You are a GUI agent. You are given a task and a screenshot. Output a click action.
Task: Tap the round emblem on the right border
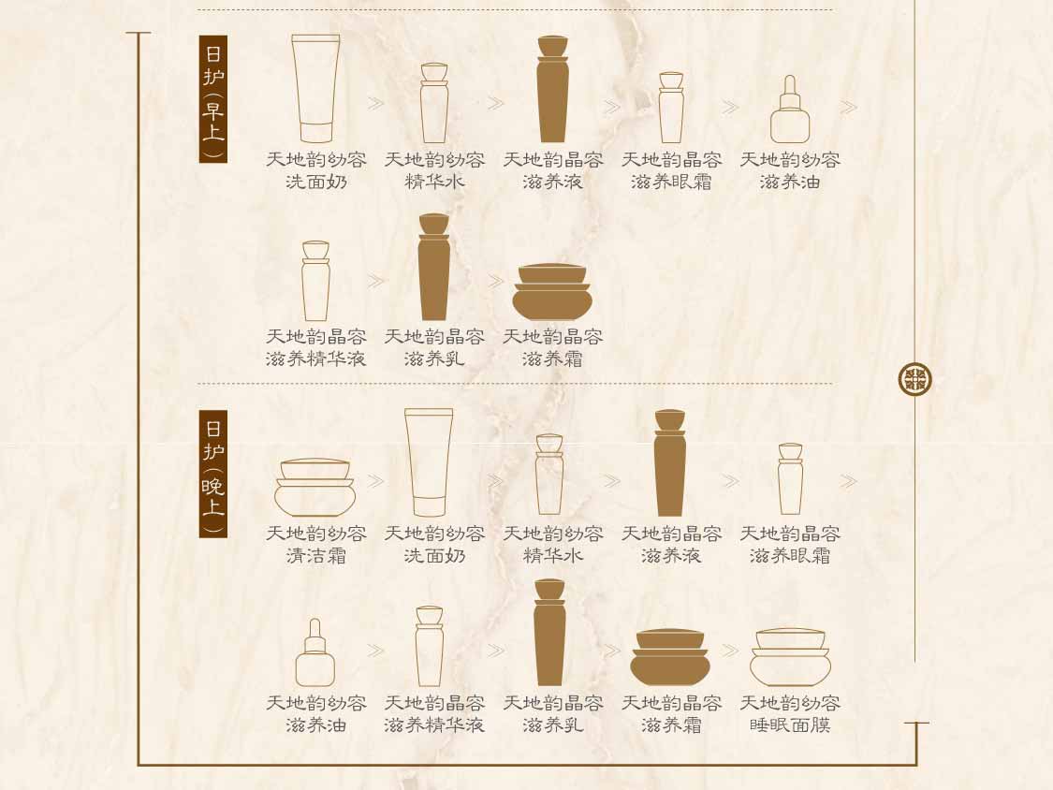(x=914, y=379)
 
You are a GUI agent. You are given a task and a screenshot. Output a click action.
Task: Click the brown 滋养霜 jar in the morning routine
(x=552, y=292)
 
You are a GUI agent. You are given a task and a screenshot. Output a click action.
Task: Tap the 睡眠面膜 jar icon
(x=790, y=657)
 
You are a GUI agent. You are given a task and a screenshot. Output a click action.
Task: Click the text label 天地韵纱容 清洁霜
(x=315, y=545)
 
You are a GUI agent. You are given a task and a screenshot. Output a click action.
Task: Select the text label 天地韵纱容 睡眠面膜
(x=790, y=714)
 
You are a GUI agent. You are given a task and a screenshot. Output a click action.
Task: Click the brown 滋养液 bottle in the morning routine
(x=552, y=89)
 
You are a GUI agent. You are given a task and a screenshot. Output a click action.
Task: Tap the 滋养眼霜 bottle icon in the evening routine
(x=790, y=479)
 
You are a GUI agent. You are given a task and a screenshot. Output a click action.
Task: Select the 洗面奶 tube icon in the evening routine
(x=429, y=462)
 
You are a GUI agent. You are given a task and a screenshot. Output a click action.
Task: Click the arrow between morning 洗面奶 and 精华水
(x=375, y=104)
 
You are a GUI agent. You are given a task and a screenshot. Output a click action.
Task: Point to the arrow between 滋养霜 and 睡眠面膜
(x=730, y=651)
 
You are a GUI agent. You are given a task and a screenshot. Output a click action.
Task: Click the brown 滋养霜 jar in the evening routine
(x=670, y=657)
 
